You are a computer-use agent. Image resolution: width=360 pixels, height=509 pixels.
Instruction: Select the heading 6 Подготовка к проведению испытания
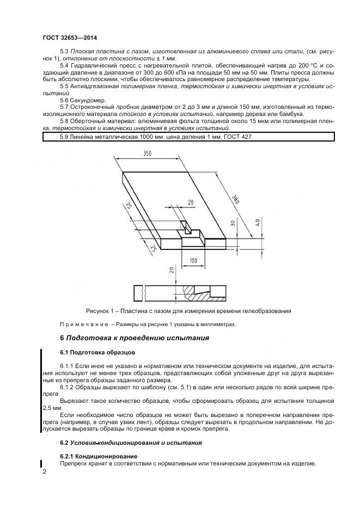(134, 338)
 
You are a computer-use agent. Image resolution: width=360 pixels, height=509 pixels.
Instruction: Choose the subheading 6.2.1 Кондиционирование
(99, 455)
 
